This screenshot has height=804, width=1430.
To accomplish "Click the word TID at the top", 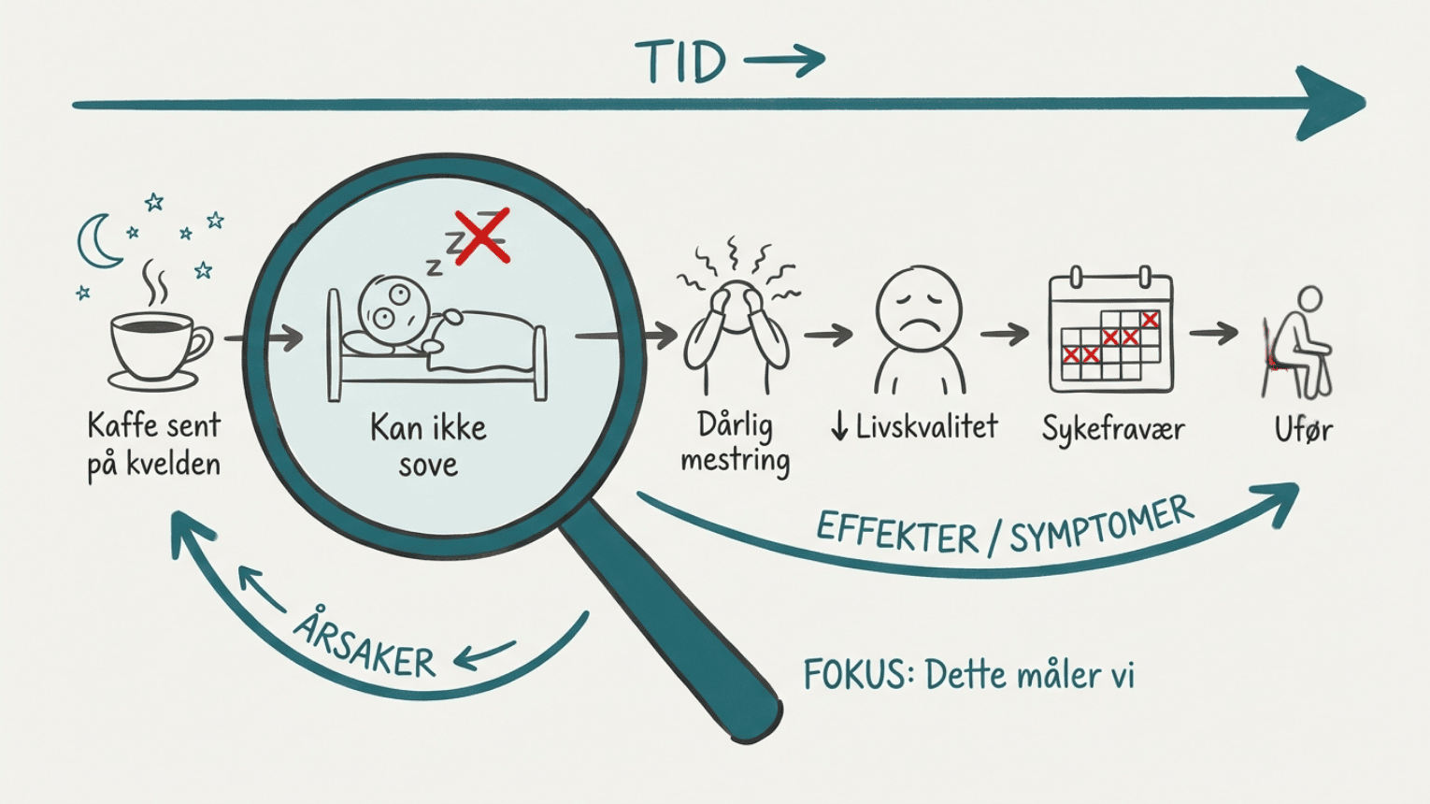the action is point(680,62).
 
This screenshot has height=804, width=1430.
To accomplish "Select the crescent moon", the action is point(98,241).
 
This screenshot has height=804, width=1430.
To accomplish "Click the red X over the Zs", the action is point(482,236).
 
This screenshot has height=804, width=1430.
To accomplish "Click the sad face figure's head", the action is point(919,308).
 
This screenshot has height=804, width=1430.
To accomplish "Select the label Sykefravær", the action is point(1113,428).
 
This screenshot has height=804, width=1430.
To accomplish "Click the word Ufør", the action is point(1303,429).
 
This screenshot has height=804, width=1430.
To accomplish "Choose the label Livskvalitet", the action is point(926,426).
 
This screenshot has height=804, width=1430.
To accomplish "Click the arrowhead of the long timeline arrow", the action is point(1330,103).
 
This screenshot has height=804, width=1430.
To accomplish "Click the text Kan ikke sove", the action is point(428,446).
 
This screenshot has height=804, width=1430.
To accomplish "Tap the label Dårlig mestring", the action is point(736,443).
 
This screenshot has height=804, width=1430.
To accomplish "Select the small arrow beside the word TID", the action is point(784,61).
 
